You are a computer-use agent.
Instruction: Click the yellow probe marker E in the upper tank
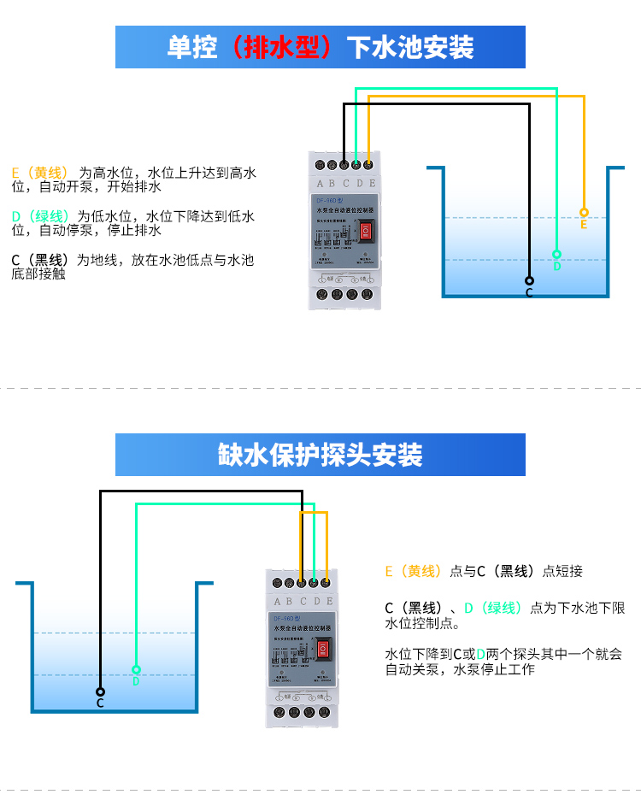(584, 212)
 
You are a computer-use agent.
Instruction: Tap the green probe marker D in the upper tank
(556, 254)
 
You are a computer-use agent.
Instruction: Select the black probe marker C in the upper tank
(529, 280)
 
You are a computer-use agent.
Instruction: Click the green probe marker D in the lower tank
(136, 669)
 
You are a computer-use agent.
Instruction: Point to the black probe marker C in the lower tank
(100, 691)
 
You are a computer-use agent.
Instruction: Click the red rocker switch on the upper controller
(365, 232)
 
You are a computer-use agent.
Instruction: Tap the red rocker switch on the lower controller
(323, 650)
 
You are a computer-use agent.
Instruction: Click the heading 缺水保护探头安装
(320, 455)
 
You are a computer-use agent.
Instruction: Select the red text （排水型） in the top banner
(281, 47)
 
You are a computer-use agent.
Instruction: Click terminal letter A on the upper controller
(320, 183)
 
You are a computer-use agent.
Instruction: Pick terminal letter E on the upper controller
(372, 183)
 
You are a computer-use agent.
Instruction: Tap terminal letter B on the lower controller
(291, 602)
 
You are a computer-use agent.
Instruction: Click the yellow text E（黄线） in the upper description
(39, 173)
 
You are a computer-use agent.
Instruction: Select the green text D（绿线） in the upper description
(39, 216)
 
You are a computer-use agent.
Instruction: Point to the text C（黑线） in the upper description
(39, 260)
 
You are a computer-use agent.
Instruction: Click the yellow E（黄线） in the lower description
(414, 571)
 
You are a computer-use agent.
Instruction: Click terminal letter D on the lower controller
(316, 602)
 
